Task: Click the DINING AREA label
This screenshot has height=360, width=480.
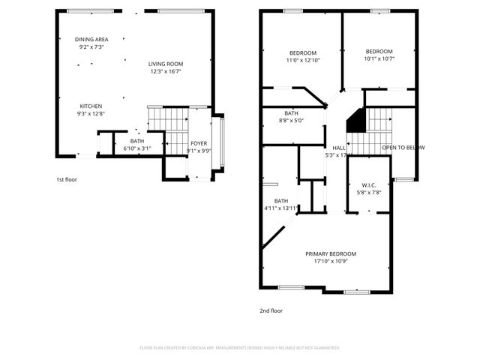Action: [x=91, y=39]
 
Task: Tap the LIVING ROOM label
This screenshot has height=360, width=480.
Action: [x=165, y=64]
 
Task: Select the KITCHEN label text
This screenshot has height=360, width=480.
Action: [x=91, y=106]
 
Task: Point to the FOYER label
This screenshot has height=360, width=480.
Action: [x=199, y=142]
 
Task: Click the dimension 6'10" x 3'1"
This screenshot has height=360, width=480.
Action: [x=137, y=148]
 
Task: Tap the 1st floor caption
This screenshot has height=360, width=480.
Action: [x=66, y=180]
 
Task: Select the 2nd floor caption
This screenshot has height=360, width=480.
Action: [x=271, y=310]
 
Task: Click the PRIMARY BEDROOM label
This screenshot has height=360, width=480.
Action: [x=331, y=253]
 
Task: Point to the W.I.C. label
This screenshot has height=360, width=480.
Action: [x=368, y=184]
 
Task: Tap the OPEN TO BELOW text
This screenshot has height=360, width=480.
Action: [x=403, y=148]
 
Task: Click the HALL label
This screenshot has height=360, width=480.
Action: [x=339, y=148]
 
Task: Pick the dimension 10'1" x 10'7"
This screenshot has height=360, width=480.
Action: [x=379, y=58]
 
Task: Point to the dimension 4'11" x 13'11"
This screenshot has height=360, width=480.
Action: [x=281, y=208]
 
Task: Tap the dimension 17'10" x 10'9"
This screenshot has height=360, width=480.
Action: [x=331, y=261]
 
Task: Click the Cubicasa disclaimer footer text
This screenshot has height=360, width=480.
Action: [x=240, y=348]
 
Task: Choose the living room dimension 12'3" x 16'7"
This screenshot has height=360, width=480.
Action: [x=165, y=72]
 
